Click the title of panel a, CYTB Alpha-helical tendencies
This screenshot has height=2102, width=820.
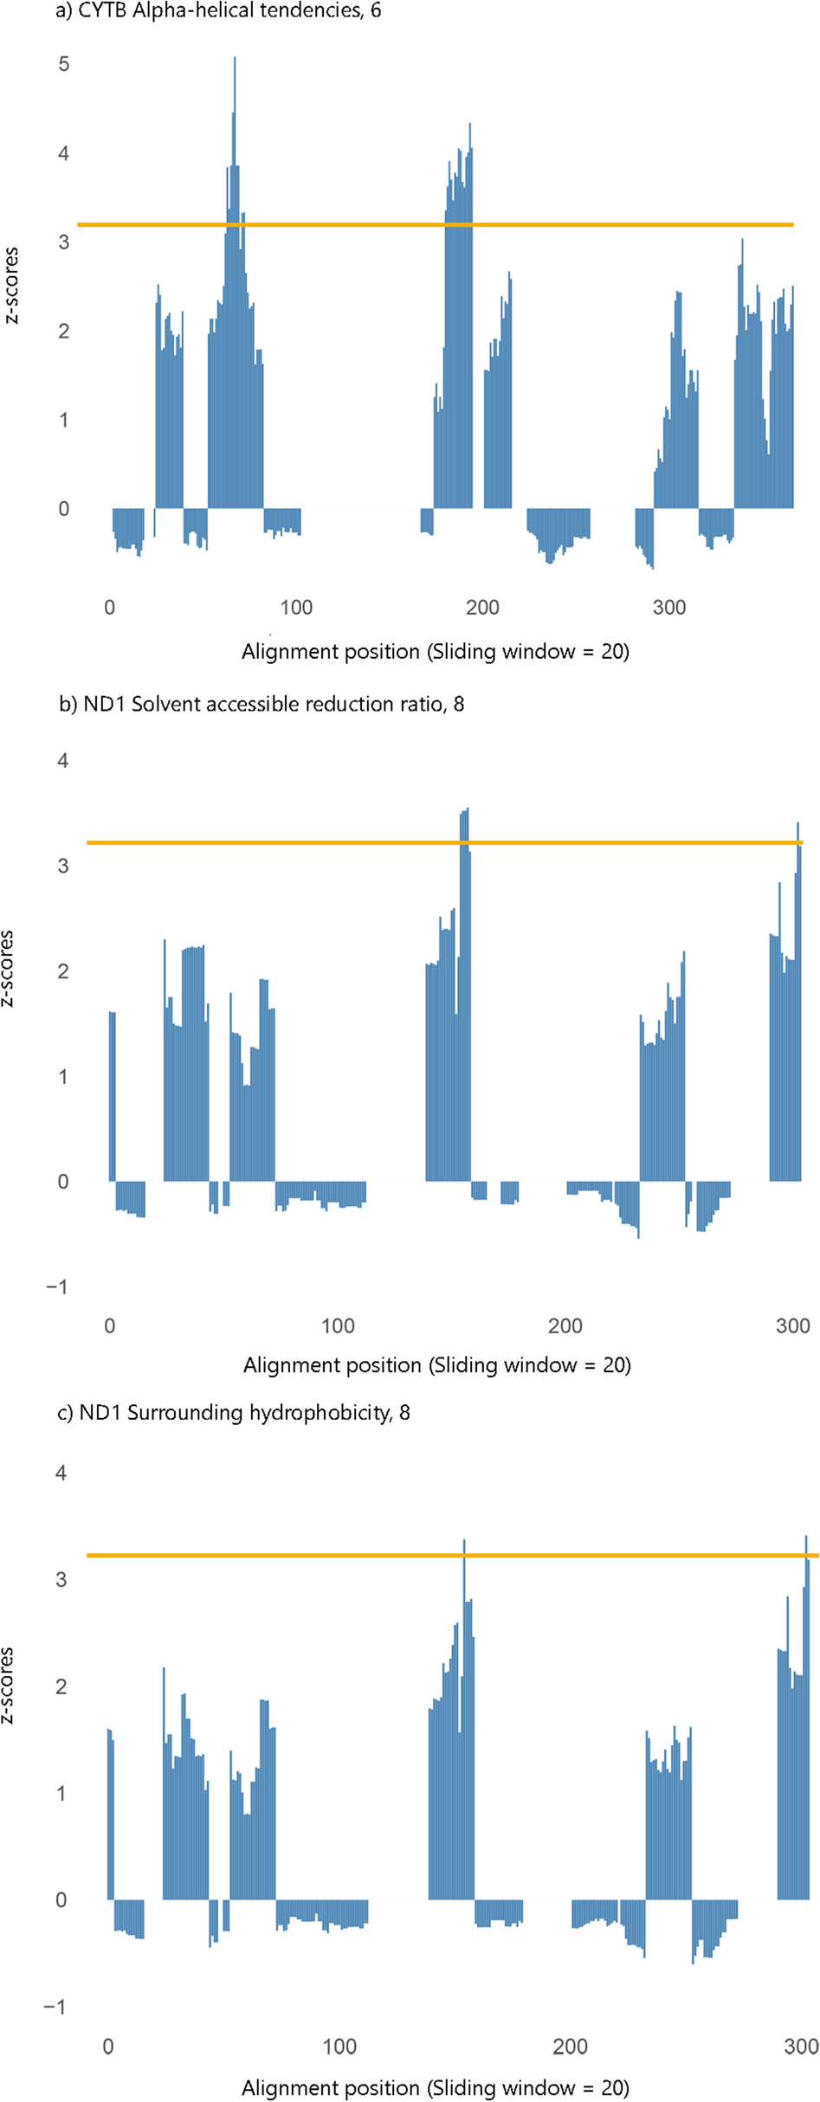point(218,11)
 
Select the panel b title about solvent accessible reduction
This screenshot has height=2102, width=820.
point(261,704)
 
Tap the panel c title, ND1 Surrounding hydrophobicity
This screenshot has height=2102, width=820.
point(234,1412)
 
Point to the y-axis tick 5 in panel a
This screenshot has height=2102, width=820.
point(63,64)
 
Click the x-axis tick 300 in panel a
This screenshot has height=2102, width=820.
point(668,608)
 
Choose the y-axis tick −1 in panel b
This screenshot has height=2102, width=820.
point(57,1286)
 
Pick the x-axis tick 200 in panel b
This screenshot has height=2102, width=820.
point(565,1325)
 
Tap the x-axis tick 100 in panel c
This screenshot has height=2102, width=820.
point(339,2047)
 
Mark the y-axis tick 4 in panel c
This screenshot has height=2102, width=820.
point(61,1473)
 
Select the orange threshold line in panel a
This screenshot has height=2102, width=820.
point(520,225)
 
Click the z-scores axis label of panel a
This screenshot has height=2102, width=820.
point(11,286)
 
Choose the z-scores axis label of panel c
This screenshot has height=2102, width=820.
point(8,1685)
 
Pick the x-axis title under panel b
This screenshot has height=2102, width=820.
point(436,1365)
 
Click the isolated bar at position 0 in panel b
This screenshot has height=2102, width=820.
point(113,1096)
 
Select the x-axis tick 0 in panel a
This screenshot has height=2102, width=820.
point(109,608)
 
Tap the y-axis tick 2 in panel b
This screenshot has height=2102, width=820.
point(63,971)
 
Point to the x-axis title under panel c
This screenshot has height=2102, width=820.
point(435,2087)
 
